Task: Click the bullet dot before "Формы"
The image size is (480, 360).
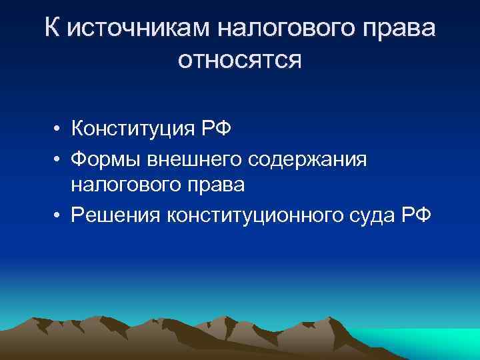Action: click(x=59, y=158)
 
